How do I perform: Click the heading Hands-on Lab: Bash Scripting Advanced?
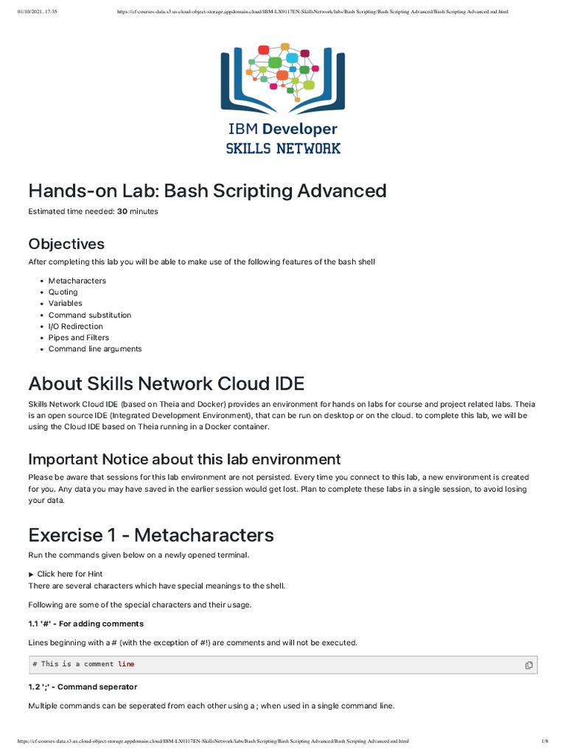tap(207, 191)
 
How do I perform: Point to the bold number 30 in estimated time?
tap(122, 211)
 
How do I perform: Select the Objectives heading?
tap(66, 244)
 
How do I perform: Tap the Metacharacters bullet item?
tap(77, 281)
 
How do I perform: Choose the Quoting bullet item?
tap(63, 292)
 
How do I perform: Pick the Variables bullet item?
tap(66, 303)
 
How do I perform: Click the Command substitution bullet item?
tap(90, 315)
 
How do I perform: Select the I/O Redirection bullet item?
tap(76, 326)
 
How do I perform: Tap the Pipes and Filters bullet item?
tap(82, 338)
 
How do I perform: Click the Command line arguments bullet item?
tap(95, 349)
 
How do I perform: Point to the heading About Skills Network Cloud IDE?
tap(166, 384)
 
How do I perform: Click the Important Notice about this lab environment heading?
tap(184, 459)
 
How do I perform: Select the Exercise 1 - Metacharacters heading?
tap(151, 535)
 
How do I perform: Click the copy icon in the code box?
tap(528, 665)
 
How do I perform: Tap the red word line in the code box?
tap(126, 664)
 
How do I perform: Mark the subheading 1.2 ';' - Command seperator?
tap(83, 687)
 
